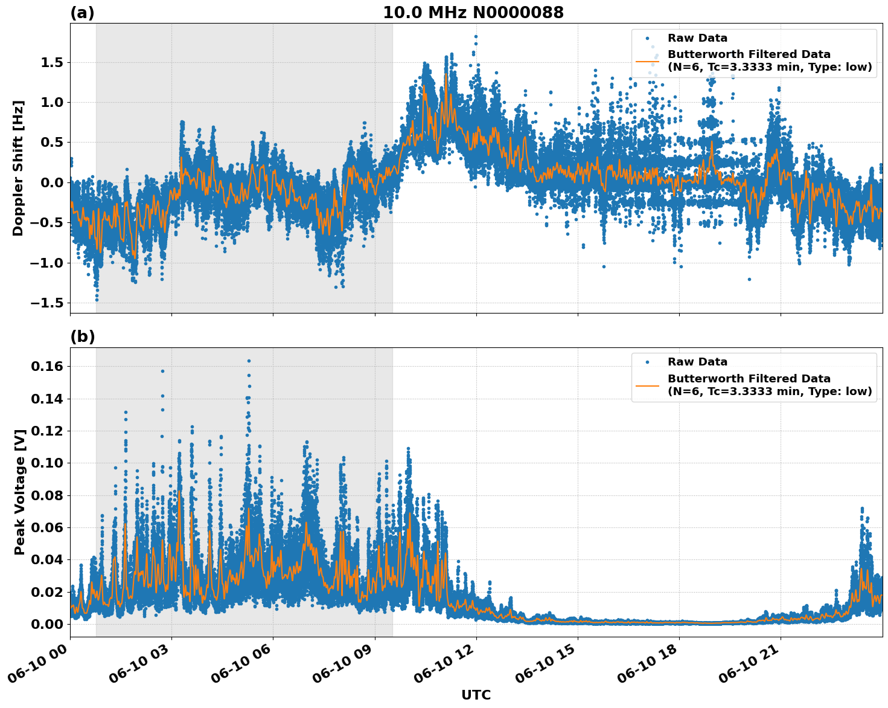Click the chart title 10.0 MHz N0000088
tap(473, 13)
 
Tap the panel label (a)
tap(82, 13)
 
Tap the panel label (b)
tap(83, 336)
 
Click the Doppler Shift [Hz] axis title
tap(18, 168)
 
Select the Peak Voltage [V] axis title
tap(20, 492)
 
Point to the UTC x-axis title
tap(476, 695)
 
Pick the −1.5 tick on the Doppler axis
tap(48, 303)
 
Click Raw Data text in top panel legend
tap(697, 38)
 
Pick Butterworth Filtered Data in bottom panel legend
tap(749, 379)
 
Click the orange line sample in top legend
tap(647, 60)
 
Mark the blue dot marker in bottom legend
tap(647, 362)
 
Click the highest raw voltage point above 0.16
tap(249, 361)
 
